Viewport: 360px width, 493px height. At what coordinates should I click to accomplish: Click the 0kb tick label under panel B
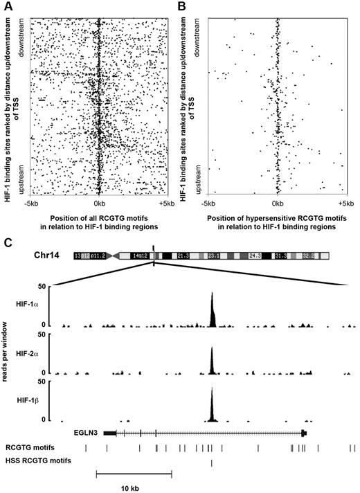[x=278, y=204]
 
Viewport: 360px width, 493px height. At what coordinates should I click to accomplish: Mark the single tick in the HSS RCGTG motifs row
[x=212, y=462]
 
